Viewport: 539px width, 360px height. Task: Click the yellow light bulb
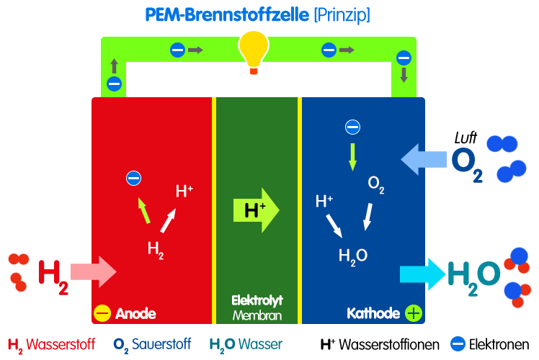(x=253, y=53)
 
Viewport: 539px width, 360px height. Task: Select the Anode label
(x=135, y=314)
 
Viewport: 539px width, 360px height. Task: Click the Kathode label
(x=373, y=314)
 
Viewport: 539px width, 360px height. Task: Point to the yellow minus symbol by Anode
(x=102, y=314)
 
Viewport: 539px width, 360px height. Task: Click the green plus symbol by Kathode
(x=413, y=313)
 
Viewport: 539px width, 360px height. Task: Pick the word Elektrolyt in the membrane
(x=256, y=301)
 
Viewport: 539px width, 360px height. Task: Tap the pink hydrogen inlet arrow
(x=93, y=270)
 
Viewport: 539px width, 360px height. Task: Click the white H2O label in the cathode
(x=353, y=255)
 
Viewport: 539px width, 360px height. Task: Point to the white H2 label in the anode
(x=156, y=249)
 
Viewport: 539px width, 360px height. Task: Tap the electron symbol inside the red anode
(x=133, y=178)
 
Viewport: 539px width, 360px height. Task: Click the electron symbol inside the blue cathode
(x=352, y=127)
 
